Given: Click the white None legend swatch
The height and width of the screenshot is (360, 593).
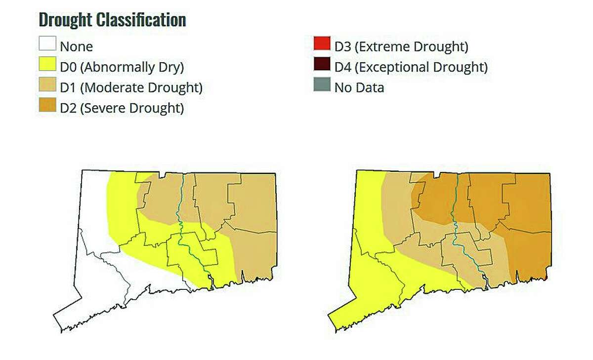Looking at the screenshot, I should click(47, 46).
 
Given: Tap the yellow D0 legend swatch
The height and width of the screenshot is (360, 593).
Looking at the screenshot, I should click(47, 66).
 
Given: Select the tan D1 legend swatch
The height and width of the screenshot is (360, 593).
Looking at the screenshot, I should click(47, 87).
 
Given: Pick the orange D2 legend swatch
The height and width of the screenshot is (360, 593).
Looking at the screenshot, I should click(47, 107).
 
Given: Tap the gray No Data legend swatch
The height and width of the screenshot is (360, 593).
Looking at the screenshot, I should click(321, 86).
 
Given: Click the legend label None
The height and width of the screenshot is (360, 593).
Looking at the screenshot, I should click(76, 47).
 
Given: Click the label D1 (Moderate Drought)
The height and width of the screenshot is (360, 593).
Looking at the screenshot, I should click(131, 88).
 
